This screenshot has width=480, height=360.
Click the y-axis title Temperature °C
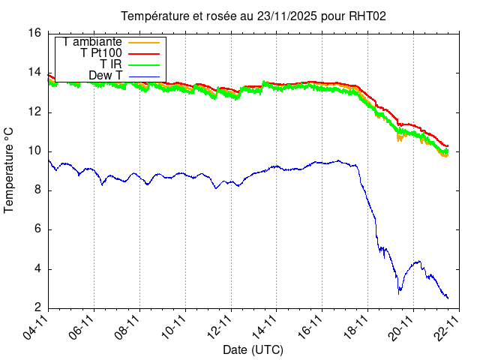click(10, 169)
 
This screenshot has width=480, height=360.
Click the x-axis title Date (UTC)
click(253, 349)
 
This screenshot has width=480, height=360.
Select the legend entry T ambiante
click(93, 42)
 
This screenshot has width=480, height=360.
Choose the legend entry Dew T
click(105, 76)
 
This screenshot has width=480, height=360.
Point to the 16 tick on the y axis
click(34, 33)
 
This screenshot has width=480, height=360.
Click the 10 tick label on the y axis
click(34, 151)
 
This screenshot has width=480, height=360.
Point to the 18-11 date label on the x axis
click(355, 328)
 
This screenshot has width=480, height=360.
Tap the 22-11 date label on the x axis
click(447, 328)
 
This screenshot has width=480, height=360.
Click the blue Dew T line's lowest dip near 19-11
click(399, 292)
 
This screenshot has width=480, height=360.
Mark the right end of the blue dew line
click(448, 298)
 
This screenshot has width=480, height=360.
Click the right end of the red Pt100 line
click(448, 146)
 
